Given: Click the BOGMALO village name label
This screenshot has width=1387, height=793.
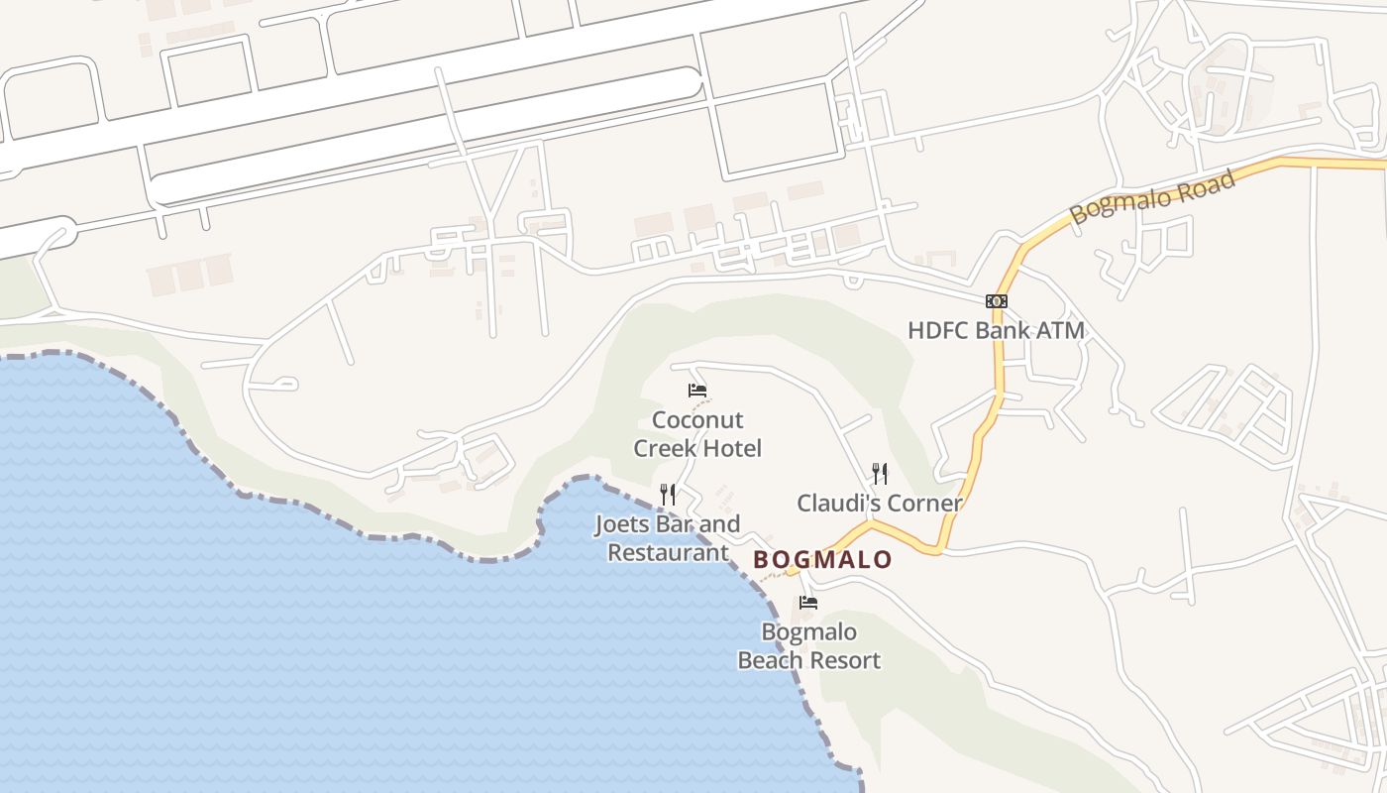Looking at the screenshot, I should (x=822, y=560).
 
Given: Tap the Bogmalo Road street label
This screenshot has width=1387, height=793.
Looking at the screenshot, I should (x=1153, y=197).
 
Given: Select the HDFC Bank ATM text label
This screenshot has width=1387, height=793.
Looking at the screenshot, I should (x=996, y=330).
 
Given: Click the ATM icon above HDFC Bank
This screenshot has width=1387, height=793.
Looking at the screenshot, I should (x=996, y=301).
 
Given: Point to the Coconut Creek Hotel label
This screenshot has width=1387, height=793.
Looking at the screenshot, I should (x=697, y=434).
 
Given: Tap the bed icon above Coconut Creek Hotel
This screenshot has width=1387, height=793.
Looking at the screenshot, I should (x=697, y=391).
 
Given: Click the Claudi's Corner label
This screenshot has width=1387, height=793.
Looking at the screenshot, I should (x=880, y=504).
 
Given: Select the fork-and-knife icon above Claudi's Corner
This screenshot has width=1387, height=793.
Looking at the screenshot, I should (x=880, y=473).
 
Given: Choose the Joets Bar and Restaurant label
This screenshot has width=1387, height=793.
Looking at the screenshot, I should (x=668, y=538).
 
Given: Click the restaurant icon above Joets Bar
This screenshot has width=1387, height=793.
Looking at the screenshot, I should (x=668, y=494).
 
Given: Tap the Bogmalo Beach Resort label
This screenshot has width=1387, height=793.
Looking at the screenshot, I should (x=808, y=645).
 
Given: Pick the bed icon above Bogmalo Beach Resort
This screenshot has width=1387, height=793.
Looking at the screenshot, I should (x=808, y=602).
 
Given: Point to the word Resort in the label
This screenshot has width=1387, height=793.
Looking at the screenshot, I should (x=844, y=660).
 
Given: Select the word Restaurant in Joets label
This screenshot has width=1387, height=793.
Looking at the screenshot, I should (x=668, y=553).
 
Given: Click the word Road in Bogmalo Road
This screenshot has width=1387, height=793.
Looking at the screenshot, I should (x=1206, y=185).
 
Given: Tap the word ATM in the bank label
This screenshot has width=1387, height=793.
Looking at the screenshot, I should (x=1061, y=330).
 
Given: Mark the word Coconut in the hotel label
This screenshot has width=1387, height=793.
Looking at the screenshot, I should (x=697, y=420).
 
